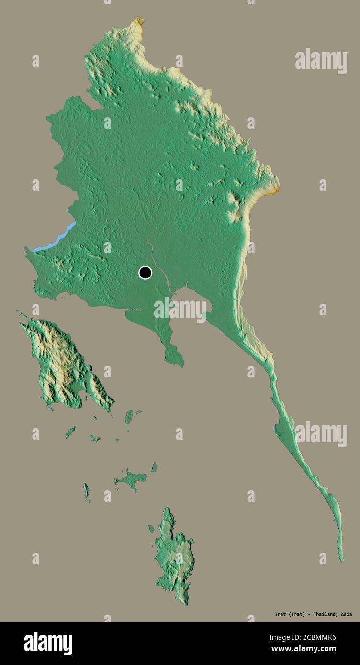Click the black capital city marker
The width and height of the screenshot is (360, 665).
(145, 273)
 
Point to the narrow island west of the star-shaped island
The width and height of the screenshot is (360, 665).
(87, 492)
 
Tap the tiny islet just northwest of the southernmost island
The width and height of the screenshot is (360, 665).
(151, 529)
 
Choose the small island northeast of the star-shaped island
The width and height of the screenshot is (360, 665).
(154, 466)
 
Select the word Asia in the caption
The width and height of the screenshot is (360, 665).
(347, 614)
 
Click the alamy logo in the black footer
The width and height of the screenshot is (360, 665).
(48, 643)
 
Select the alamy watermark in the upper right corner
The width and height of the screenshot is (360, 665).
(321, 61)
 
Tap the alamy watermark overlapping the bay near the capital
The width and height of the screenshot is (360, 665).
(180, 310)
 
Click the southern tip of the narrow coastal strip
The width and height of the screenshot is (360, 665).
(341, 560)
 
